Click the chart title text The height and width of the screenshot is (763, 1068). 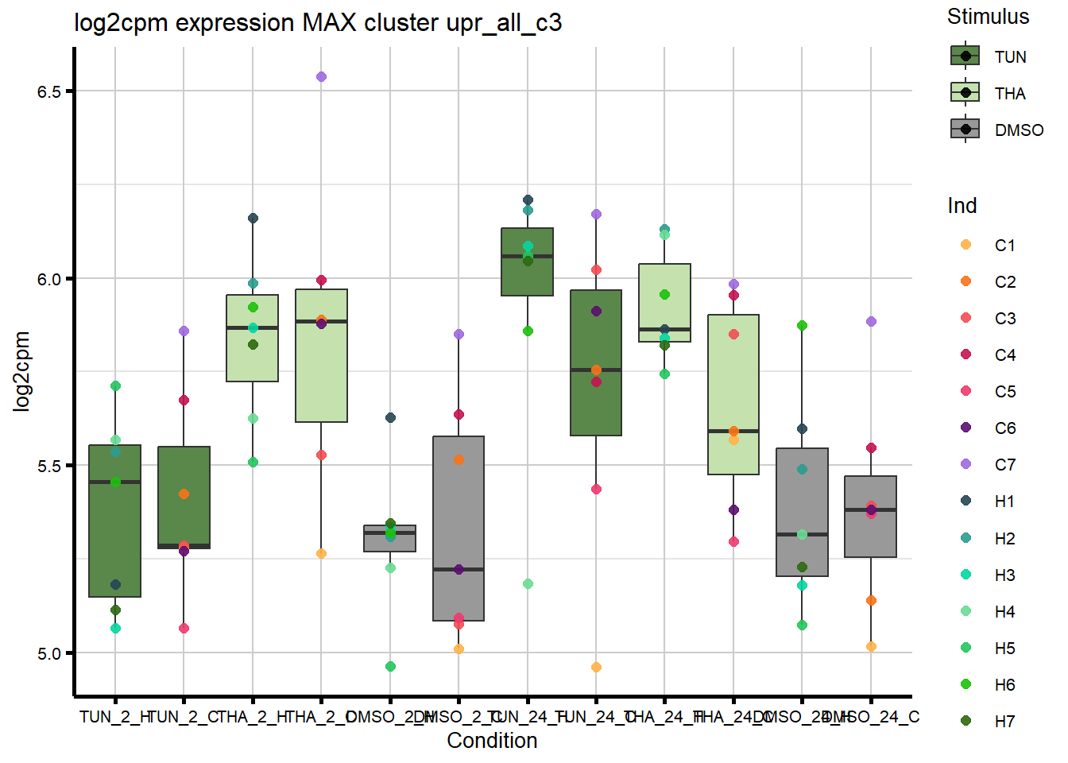coord(318,22)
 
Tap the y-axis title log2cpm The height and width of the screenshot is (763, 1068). coord(21,371)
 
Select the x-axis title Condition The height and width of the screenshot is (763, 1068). coord(492,741)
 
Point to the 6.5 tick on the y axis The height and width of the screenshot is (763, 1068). coord(49,91)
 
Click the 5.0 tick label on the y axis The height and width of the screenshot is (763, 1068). coord(49,653)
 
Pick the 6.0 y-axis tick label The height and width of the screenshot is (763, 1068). coord(49,279)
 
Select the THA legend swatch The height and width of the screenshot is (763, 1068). coord(965,93)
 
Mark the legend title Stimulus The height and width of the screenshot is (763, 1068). coord(988,17)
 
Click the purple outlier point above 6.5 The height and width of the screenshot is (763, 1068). coord(321,77)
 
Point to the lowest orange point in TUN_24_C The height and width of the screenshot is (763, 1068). coord(596,668)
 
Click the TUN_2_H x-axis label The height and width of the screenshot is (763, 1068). coord(115,717)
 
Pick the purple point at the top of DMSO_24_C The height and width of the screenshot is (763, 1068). coord(871,322)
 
